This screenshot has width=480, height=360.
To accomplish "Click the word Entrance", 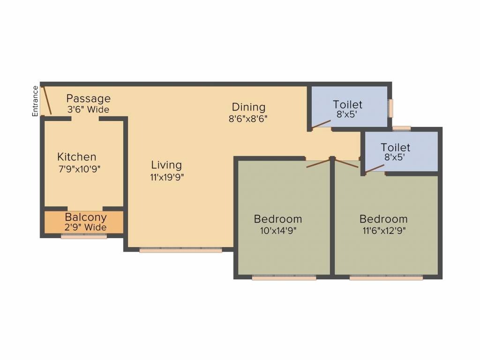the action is [x=35, y=101].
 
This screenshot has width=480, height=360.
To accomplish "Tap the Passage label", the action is [x=88, y=99].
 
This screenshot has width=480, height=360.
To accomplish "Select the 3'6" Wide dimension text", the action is [x=88, y=110].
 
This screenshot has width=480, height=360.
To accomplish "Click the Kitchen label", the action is [x=77, y=157].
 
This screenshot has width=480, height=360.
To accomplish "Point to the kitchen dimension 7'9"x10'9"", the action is [x=80, y=169].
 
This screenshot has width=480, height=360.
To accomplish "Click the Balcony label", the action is [x=86, y=217].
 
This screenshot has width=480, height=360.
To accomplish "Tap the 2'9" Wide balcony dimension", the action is [x=85, y=227].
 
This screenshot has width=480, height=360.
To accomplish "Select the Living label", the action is [x=166, y=165].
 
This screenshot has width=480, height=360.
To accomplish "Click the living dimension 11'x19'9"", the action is [x=167, y=177].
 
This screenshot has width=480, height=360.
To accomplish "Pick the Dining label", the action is [x=248, y=107].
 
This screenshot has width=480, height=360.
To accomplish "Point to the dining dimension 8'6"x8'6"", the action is [x=248, y=119].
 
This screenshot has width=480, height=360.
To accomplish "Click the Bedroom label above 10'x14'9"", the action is [x=278, y=219].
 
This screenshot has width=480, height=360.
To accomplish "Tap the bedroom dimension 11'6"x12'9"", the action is [x=384, y=231].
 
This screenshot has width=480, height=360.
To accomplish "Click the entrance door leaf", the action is [x=46, y=101].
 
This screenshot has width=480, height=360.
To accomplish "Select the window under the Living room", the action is [x=180, y=250].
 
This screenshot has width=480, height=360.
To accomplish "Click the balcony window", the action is [x=84, y=236].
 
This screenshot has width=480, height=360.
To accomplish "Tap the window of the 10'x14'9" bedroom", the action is [x=284, y=277].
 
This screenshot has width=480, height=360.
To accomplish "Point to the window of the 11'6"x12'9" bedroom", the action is [x=386, y=277].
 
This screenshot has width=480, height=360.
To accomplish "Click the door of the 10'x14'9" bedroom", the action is [x=318, y=163].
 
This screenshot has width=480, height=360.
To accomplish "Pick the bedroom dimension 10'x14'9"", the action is [x=278, y=231].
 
